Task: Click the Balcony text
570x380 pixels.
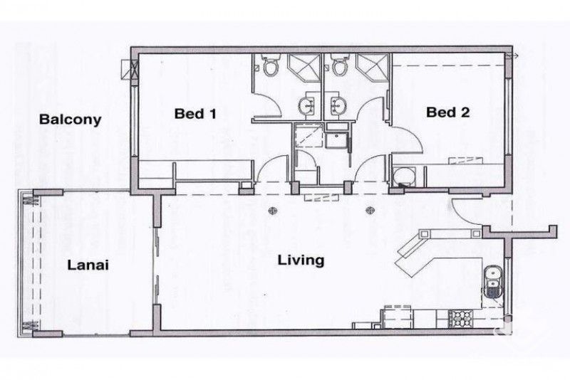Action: [70, 120]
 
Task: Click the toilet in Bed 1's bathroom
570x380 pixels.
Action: [271, 68]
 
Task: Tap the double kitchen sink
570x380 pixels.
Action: [492, 283]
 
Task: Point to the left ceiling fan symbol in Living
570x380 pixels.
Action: [273, 211]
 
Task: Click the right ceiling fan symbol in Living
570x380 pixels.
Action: [370, 210]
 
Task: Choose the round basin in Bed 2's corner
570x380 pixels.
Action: [404, 175]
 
